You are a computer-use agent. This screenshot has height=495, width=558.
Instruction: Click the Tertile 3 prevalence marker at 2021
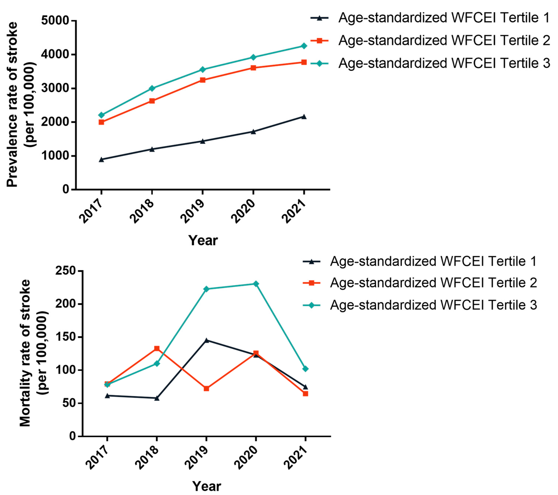coord(304,46)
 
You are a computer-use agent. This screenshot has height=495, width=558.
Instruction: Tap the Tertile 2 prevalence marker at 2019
coord(203,80)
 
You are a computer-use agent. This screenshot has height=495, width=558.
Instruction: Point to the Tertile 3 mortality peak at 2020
coord(256,284)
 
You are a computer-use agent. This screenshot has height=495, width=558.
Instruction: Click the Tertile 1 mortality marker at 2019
coord(206,340)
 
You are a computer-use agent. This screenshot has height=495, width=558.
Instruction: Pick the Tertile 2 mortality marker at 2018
coord(157,349)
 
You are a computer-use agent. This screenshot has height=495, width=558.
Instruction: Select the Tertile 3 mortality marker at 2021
coord(305,369)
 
